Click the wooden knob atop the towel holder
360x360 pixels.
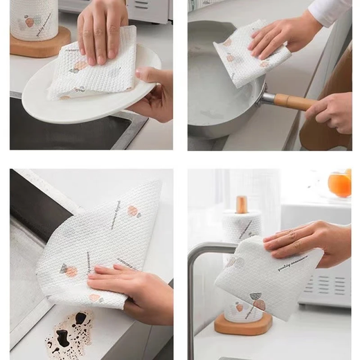point(242,204)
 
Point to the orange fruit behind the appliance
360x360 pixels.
point(339,184)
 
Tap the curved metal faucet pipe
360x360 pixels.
point(197,277)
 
